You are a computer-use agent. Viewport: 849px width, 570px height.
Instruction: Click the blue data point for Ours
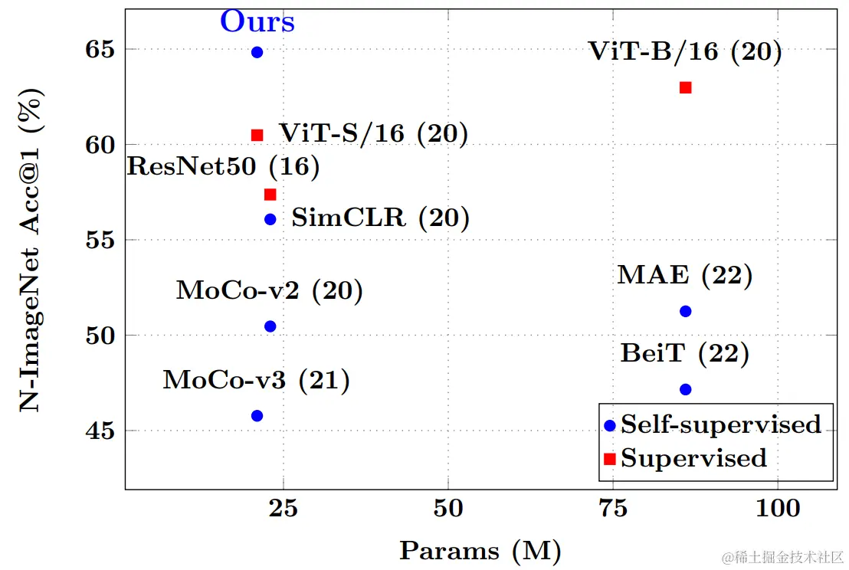(x=257, y=52)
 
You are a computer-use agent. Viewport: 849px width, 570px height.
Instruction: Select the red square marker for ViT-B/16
(x=686, y=87)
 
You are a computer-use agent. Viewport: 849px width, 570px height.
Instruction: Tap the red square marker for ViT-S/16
(x=257, y=135)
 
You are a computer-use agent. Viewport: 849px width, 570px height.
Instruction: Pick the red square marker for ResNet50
(x=270, y=195)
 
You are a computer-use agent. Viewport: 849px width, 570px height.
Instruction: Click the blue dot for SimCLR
(x=270, y=219)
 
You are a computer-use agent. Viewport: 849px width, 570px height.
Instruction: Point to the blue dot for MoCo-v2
(x=270, y=326)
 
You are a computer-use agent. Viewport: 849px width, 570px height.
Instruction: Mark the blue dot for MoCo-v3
(x=257, y=416)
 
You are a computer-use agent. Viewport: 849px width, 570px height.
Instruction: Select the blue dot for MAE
(x=686, y=311)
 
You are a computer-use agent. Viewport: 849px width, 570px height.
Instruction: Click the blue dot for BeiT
(x=686, y=390)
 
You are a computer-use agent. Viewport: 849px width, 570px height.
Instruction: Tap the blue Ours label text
(x=257, y=21)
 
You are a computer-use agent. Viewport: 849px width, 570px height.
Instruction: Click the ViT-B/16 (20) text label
(x=685, y=52)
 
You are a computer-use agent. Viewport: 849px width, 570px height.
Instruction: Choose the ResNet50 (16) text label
(x=222, y=166)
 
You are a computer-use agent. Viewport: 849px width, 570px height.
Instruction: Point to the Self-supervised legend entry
(x=720, y=424)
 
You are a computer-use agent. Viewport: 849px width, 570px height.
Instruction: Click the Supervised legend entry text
(x=693, y=458)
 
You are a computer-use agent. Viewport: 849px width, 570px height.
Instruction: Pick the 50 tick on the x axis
(x=447, y=508)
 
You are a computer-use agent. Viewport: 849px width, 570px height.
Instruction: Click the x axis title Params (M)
(x=480, y=550)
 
